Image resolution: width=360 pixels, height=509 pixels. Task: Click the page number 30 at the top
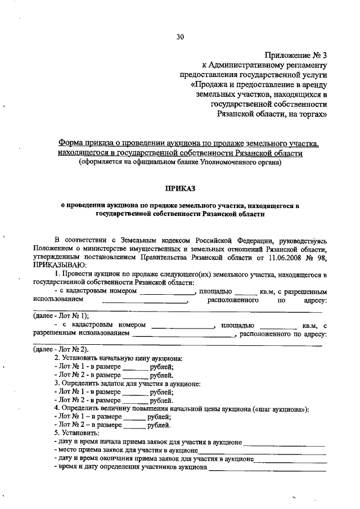coord(180,37)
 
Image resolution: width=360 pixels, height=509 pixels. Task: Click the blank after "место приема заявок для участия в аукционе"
coord(262,451)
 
